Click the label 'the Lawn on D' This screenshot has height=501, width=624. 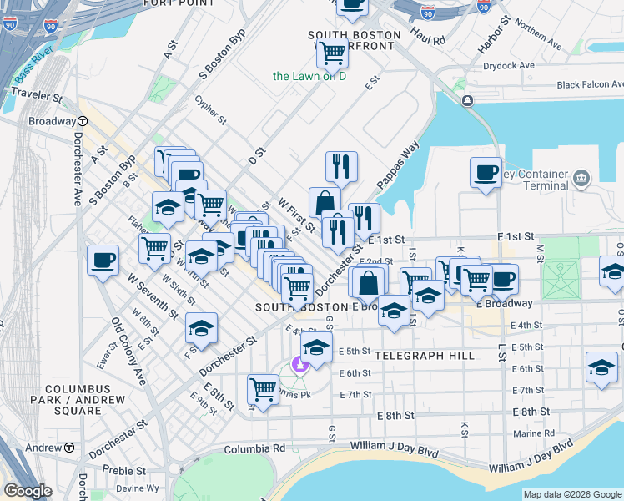(x=309, y=77)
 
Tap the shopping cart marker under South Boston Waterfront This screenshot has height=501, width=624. (x=333, y=53)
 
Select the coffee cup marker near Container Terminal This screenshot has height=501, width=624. (x=486, y=173)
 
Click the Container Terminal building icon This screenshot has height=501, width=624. (x=581, y=177)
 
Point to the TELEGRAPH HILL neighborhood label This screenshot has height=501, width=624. (x=425, y=356)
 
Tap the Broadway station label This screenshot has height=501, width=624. (x=52, y=121)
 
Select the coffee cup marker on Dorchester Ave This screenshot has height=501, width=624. (x=103, y=260)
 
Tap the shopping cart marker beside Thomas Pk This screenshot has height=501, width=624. (x=264, y=389)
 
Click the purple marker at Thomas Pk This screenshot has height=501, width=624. (x=299, y=366)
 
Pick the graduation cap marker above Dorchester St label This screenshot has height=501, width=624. (x=201, y=328)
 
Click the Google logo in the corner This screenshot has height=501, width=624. (x=28, y=491)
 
